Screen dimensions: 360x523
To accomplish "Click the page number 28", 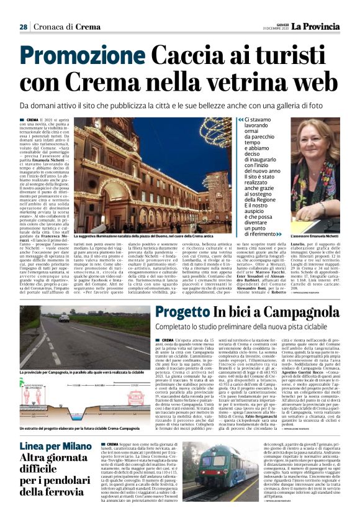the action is click(23, 27).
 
